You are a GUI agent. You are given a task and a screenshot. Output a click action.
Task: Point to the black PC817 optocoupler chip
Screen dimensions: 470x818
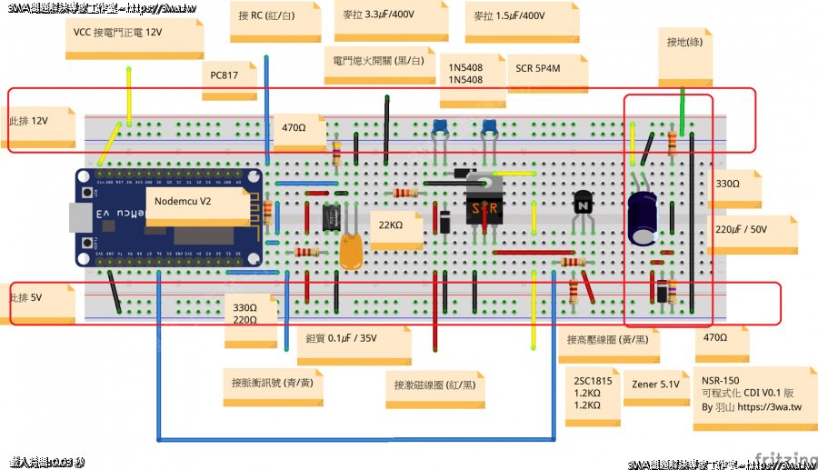330,216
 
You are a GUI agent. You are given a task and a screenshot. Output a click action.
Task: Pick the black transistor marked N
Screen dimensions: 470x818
582,205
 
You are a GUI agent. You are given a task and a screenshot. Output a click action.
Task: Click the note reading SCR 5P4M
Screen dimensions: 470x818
540,68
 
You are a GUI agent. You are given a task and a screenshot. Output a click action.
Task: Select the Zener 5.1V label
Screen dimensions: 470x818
655,385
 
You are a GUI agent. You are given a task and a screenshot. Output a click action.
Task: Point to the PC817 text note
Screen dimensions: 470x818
224,75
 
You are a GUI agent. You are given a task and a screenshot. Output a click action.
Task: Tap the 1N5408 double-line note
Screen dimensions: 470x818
465,74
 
